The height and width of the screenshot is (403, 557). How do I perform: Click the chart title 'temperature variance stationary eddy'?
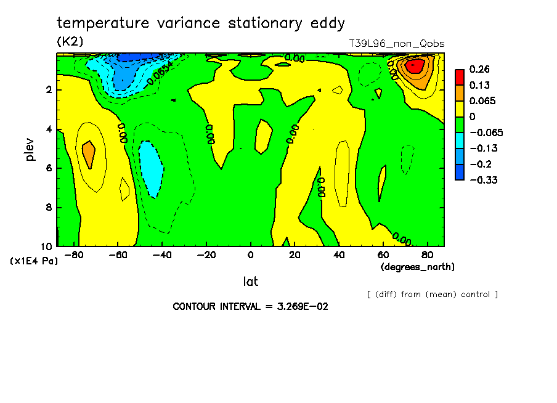tap(201, 23)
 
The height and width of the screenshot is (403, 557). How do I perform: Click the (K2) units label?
tap(70, 42)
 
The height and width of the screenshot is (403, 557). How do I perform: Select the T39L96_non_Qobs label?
tap(396, 44)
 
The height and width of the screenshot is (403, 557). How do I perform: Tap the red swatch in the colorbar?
tap(460, 77)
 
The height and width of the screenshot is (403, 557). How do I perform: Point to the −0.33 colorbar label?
tap(484, 180)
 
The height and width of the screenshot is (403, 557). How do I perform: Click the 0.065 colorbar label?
tap(483, 101)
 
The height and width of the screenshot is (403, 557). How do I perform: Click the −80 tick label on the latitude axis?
tap(74, 255)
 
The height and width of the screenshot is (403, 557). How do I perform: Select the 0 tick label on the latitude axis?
tap(251, 255)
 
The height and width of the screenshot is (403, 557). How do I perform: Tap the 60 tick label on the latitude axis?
tap(382, 255)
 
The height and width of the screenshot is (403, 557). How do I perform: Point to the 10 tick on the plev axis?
tap(47, 246)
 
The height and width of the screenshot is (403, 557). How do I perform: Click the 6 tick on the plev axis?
tap(49, 168)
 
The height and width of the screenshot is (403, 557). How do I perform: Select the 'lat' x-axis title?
tap(250, 282)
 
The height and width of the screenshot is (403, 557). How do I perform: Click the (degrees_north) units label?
tap(418, 267)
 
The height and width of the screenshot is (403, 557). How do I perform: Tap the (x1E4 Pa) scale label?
tap(34, 261)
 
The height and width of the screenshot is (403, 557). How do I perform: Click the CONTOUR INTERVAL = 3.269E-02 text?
tap(250, 306)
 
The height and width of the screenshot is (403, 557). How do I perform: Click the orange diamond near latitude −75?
tap(89, 154)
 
